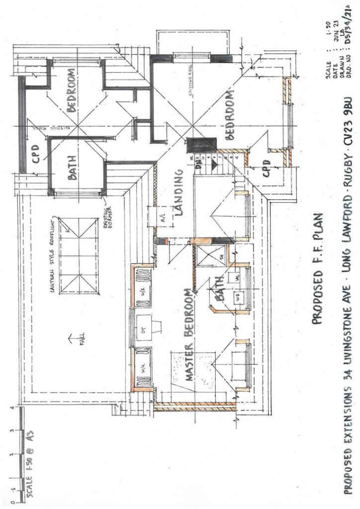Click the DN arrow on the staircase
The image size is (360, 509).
[199, 168]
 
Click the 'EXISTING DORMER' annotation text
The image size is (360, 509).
[109, 202]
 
